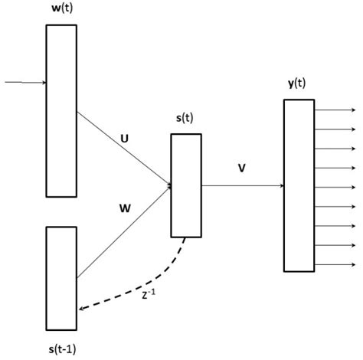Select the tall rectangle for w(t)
[x=61, y=110]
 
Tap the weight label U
[x=125, y=139]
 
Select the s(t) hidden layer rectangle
[x=186, y=185]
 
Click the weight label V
[x=241, y=169]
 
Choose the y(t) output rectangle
[x=299, y=185]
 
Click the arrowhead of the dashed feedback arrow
[x=82, y=309]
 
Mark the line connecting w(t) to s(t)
[x=123, y=149]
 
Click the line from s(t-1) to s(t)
[x=123, y=231]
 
